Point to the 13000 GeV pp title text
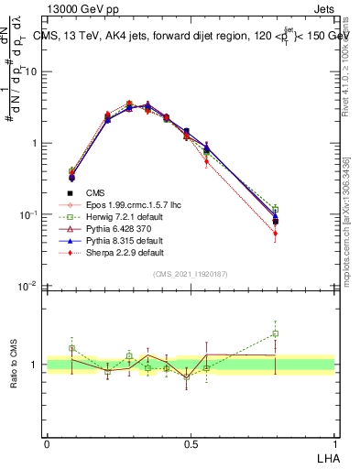pos(78,8)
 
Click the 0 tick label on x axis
pos(47,444)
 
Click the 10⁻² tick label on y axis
pos(31,286)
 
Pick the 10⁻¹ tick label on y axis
pos(31,214)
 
